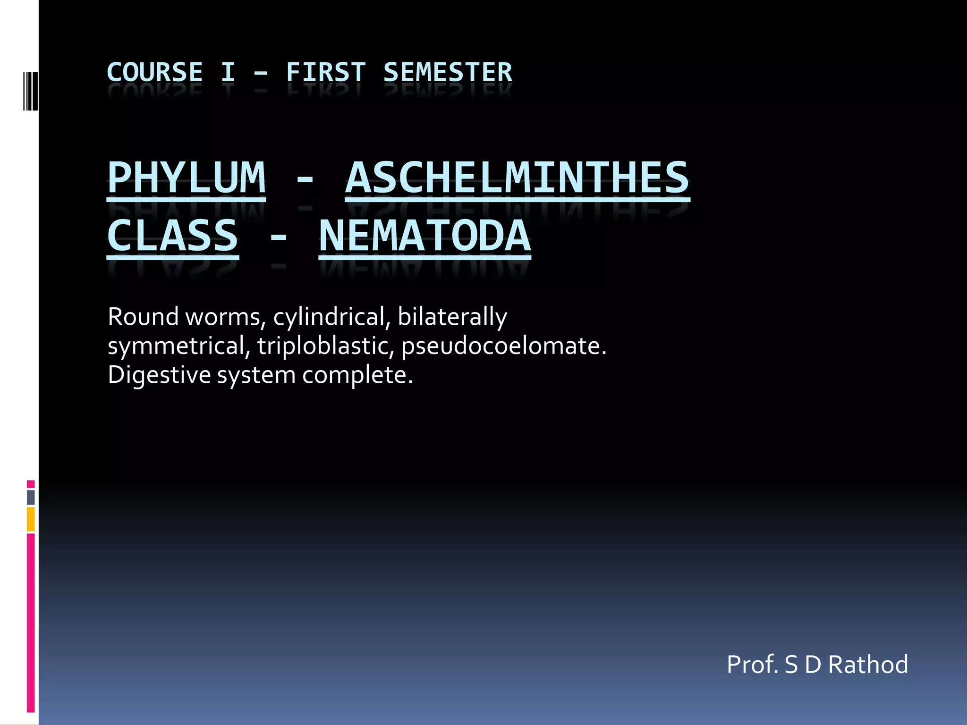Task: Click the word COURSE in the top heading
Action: point(155,73)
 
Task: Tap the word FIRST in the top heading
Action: point(326,73)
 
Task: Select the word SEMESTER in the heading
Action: point(447,73)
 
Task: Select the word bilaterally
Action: point(452,317)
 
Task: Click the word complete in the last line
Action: point(357,376)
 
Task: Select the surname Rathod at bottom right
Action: point(868,665)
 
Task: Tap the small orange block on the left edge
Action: point(31,519)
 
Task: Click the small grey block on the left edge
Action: point(31,497)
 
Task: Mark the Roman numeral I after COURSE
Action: point(228,73)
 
